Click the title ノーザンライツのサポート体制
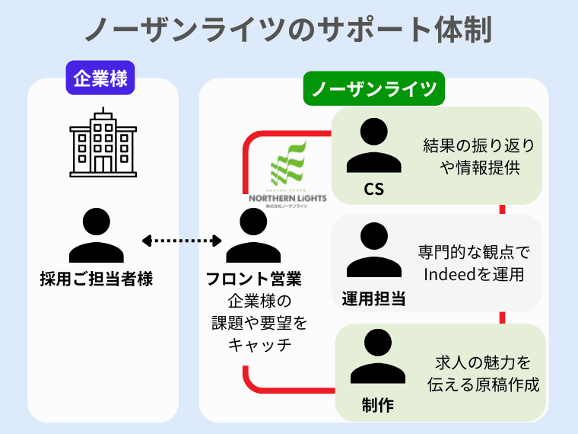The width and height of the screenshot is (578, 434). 288,30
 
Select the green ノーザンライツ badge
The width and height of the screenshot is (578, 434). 373,89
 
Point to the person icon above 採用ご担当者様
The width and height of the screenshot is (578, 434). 97,236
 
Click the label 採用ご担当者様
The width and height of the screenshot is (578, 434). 97,279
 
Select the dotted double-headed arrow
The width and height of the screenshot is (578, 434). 182,241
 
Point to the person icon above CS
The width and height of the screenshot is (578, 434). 373,148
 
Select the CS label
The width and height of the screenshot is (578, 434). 373,190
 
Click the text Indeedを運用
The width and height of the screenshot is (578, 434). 473,274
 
